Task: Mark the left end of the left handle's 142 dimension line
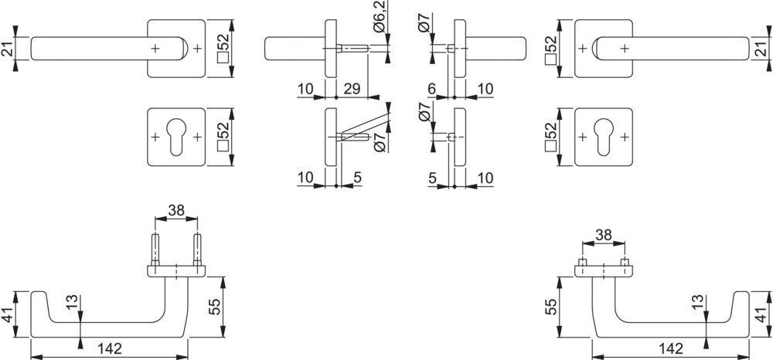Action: [x=31, y=355]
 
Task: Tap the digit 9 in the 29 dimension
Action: [x=356, y=89]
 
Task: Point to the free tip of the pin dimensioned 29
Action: [x=368, y=48]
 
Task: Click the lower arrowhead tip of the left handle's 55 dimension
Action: [x=223, y=338]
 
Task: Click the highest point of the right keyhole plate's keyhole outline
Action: [x=604, y=119]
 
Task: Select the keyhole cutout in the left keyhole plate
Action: [x=176, y=138]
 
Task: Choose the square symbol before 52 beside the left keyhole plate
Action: [x=223, y=147]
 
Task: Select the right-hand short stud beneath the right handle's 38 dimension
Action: [x=625, y=262]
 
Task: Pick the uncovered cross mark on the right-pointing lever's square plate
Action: [x=582, y=48]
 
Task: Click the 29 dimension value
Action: [x=352, y=89]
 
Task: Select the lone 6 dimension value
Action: [x=432, y=89]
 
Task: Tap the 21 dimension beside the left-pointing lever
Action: [x=6, y=49]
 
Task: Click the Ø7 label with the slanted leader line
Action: [x=380, y=142]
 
